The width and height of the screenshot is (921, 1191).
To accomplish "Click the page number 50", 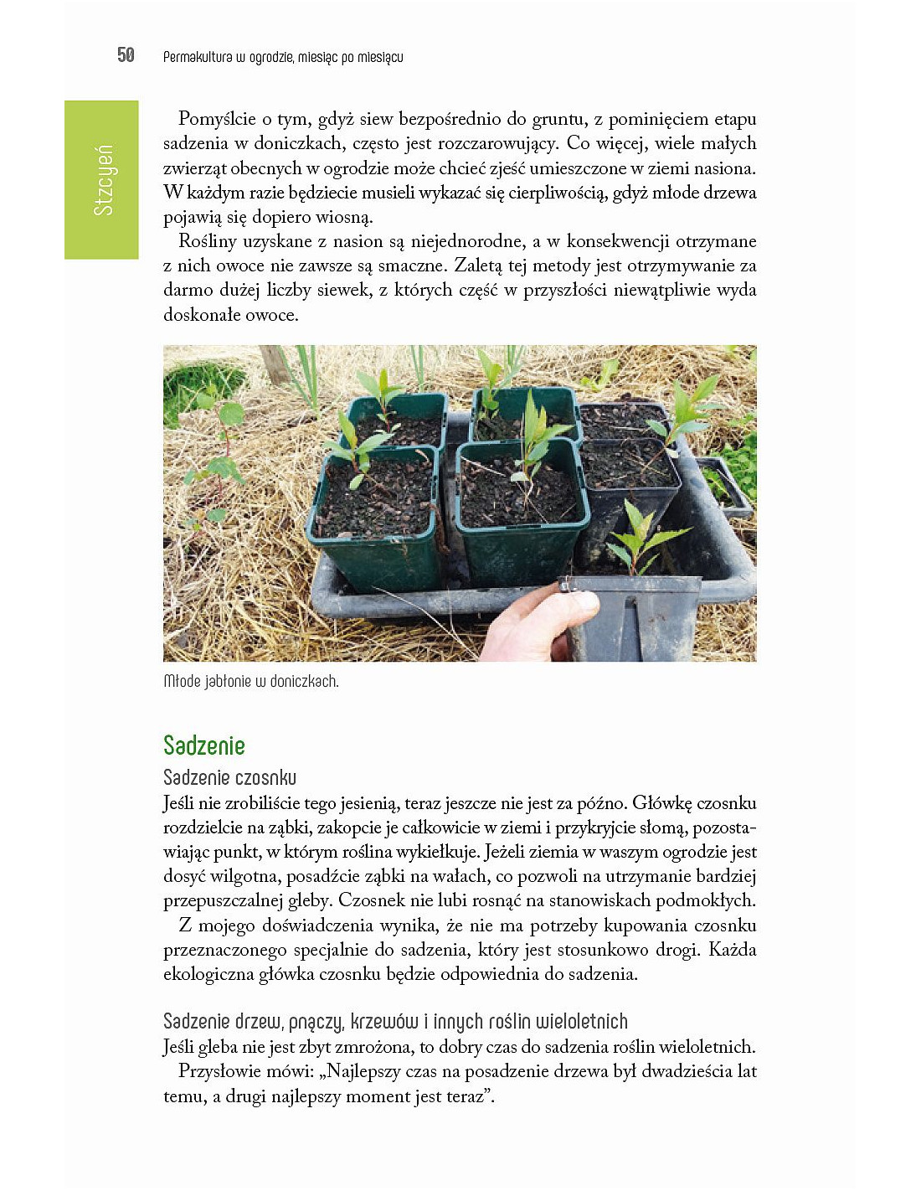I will [x=126, y=55].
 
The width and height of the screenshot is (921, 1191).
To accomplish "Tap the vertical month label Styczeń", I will [x=102, y=180].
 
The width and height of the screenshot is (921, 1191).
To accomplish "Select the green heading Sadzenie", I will [x=204, y=745].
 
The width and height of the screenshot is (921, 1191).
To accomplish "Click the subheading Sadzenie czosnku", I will [x=229, y=777].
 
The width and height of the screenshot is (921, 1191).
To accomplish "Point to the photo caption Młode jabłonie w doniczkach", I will [x=251, y=681].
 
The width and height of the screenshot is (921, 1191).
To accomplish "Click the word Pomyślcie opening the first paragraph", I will [x=217, y=119].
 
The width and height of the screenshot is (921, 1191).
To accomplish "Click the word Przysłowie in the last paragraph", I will [x=219, y=1071].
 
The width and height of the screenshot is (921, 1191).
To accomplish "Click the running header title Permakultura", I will [x=198, y=57].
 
